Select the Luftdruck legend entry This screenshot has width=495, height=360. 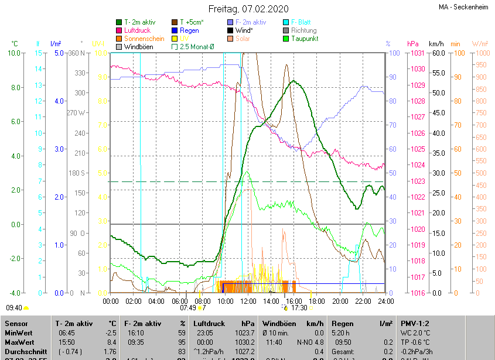tap(138, 30)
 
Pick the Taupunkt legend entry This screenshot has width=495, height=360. tap(305, 39)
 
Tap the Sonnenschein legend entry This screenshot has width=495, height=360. tap(144, 39)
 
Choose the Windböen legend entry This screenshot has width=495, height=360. tap(139, 47)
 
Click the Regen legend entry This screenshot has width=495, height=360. tap(189, 30)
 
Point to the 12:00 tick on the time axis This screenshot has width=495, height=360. tap(248, 301)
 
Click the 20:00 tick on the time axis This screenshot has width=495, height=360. tap(339, 301)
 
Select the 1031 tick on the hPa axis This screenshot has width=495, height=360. tap(417, 53)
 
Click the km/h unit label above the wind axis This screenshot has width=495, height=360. tap(436, 44)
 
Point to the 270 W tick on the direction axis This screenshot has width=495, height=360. tap(76, 113)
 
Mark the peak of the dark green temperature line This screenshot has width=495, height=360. tap(293, 81)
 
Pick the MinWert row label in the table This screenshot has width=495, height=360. tap(18, 332)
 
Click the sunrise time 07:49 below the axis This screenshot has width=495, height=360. tap(188, 307)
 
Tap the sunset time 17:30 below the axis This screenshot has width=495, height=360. tap(299, 307)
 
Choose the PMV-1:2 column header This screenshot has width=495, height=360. tap(415, 323)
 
